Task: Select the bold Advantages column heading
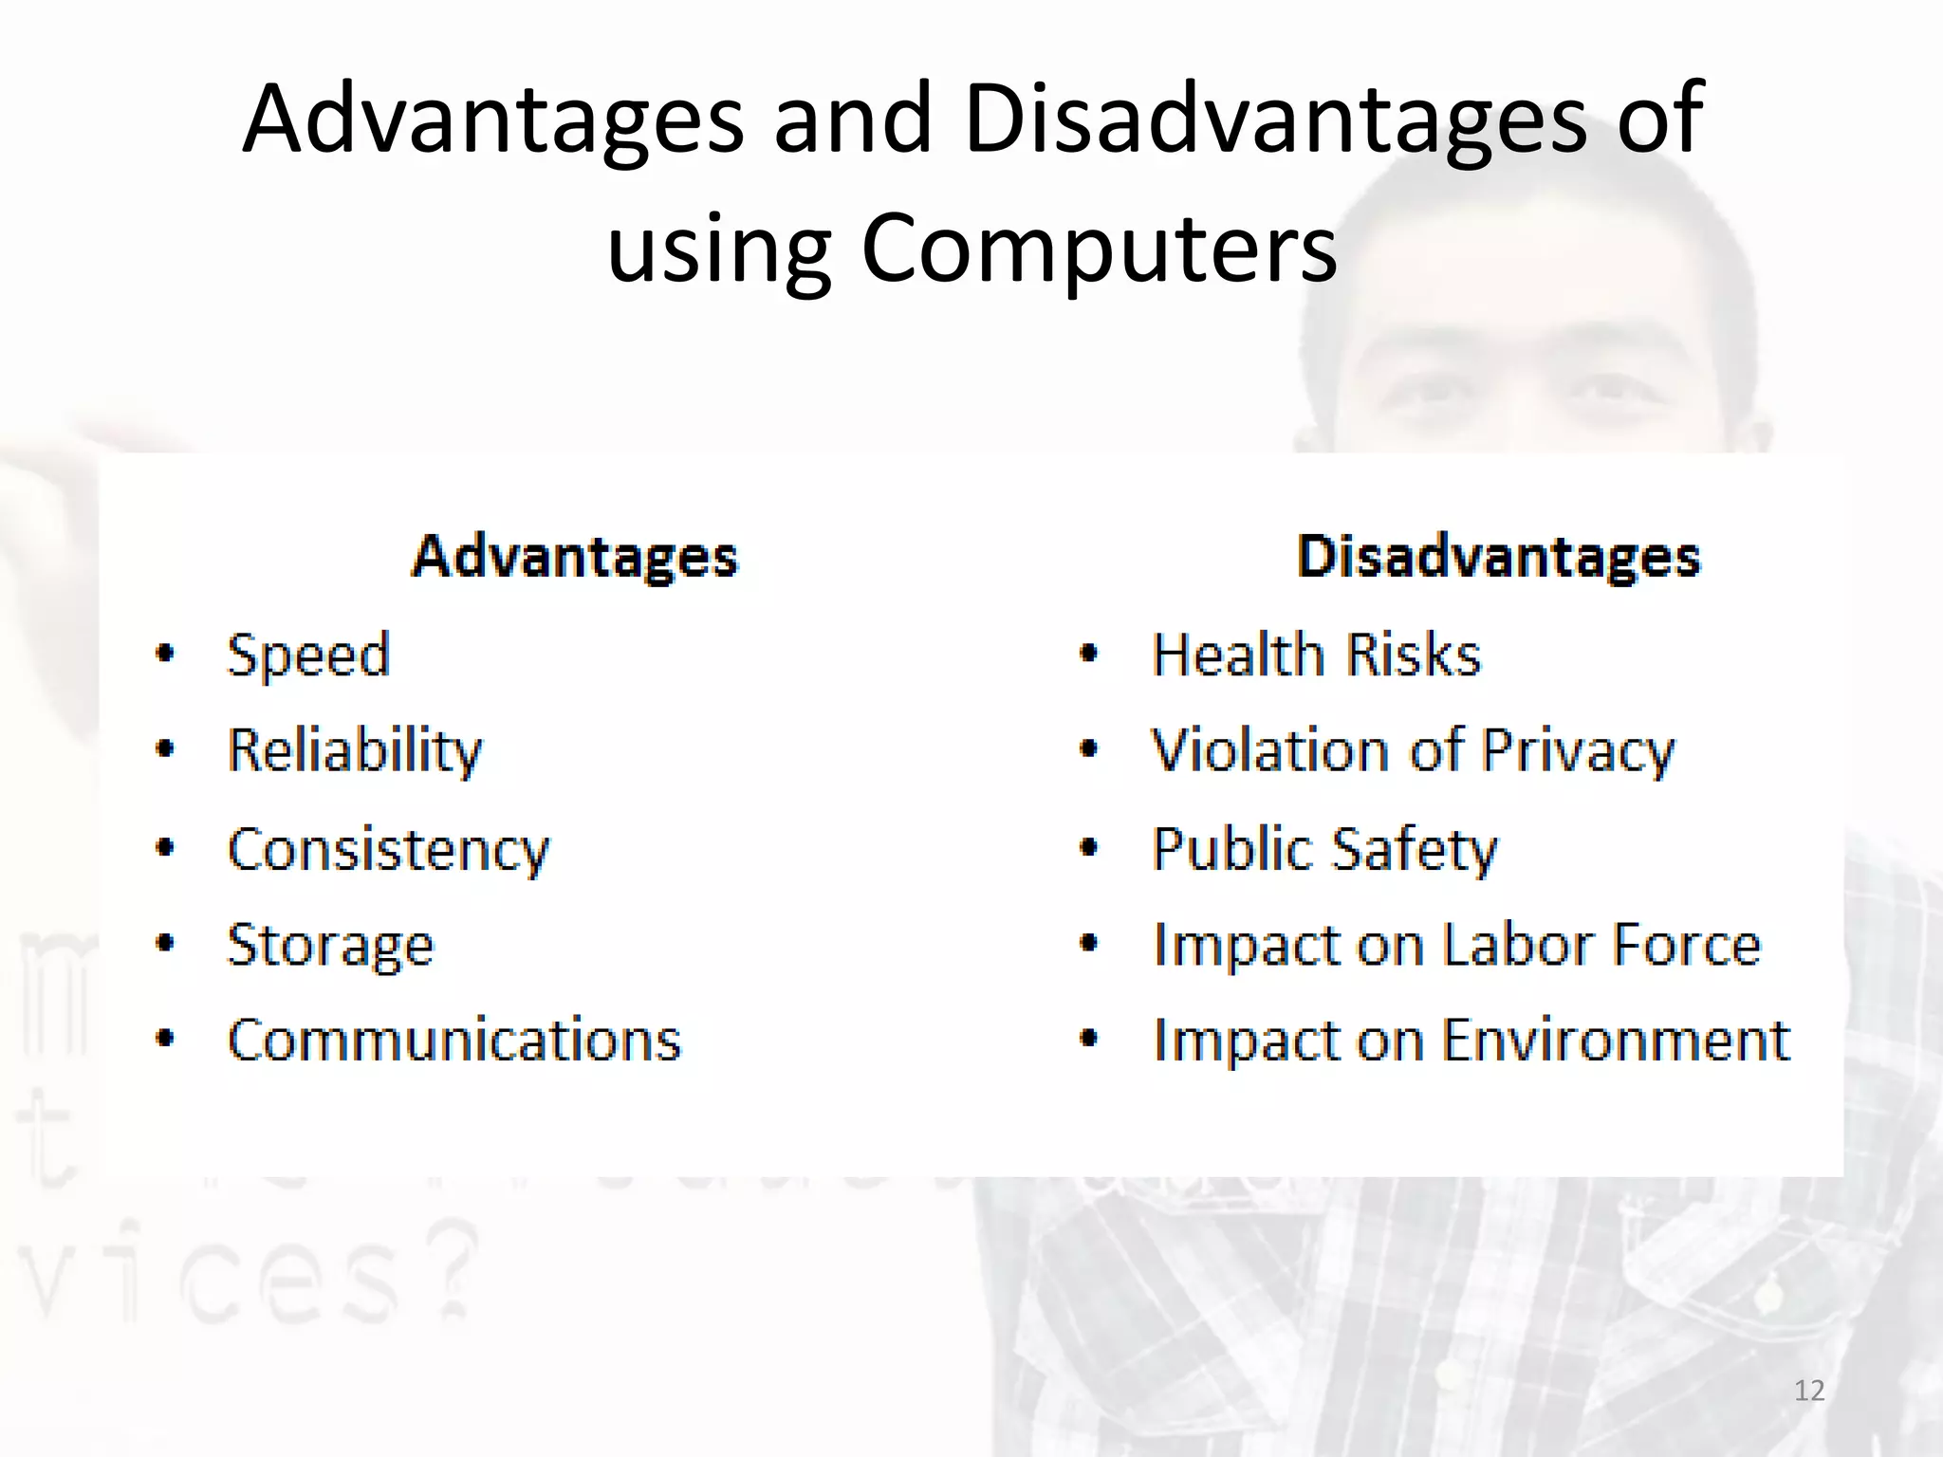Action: pos(575,557)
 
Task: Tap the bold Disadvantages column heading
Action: pos(1498,557)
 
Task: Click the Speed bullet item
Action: pos(308,655)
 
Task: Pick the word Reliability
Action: pos(355,750)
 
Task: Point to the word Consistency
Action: pos(388,850)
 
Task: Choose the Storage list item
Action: pos(330,946)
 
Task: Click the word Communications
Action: pos(454,1041)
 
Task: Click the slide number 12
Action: pos(1809,1391)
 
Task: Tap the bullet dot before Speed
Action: pos(165,654)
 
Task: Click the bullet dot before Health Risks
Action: pos(1089,654)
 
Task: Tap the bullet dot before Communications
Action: pos(165,1039)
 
